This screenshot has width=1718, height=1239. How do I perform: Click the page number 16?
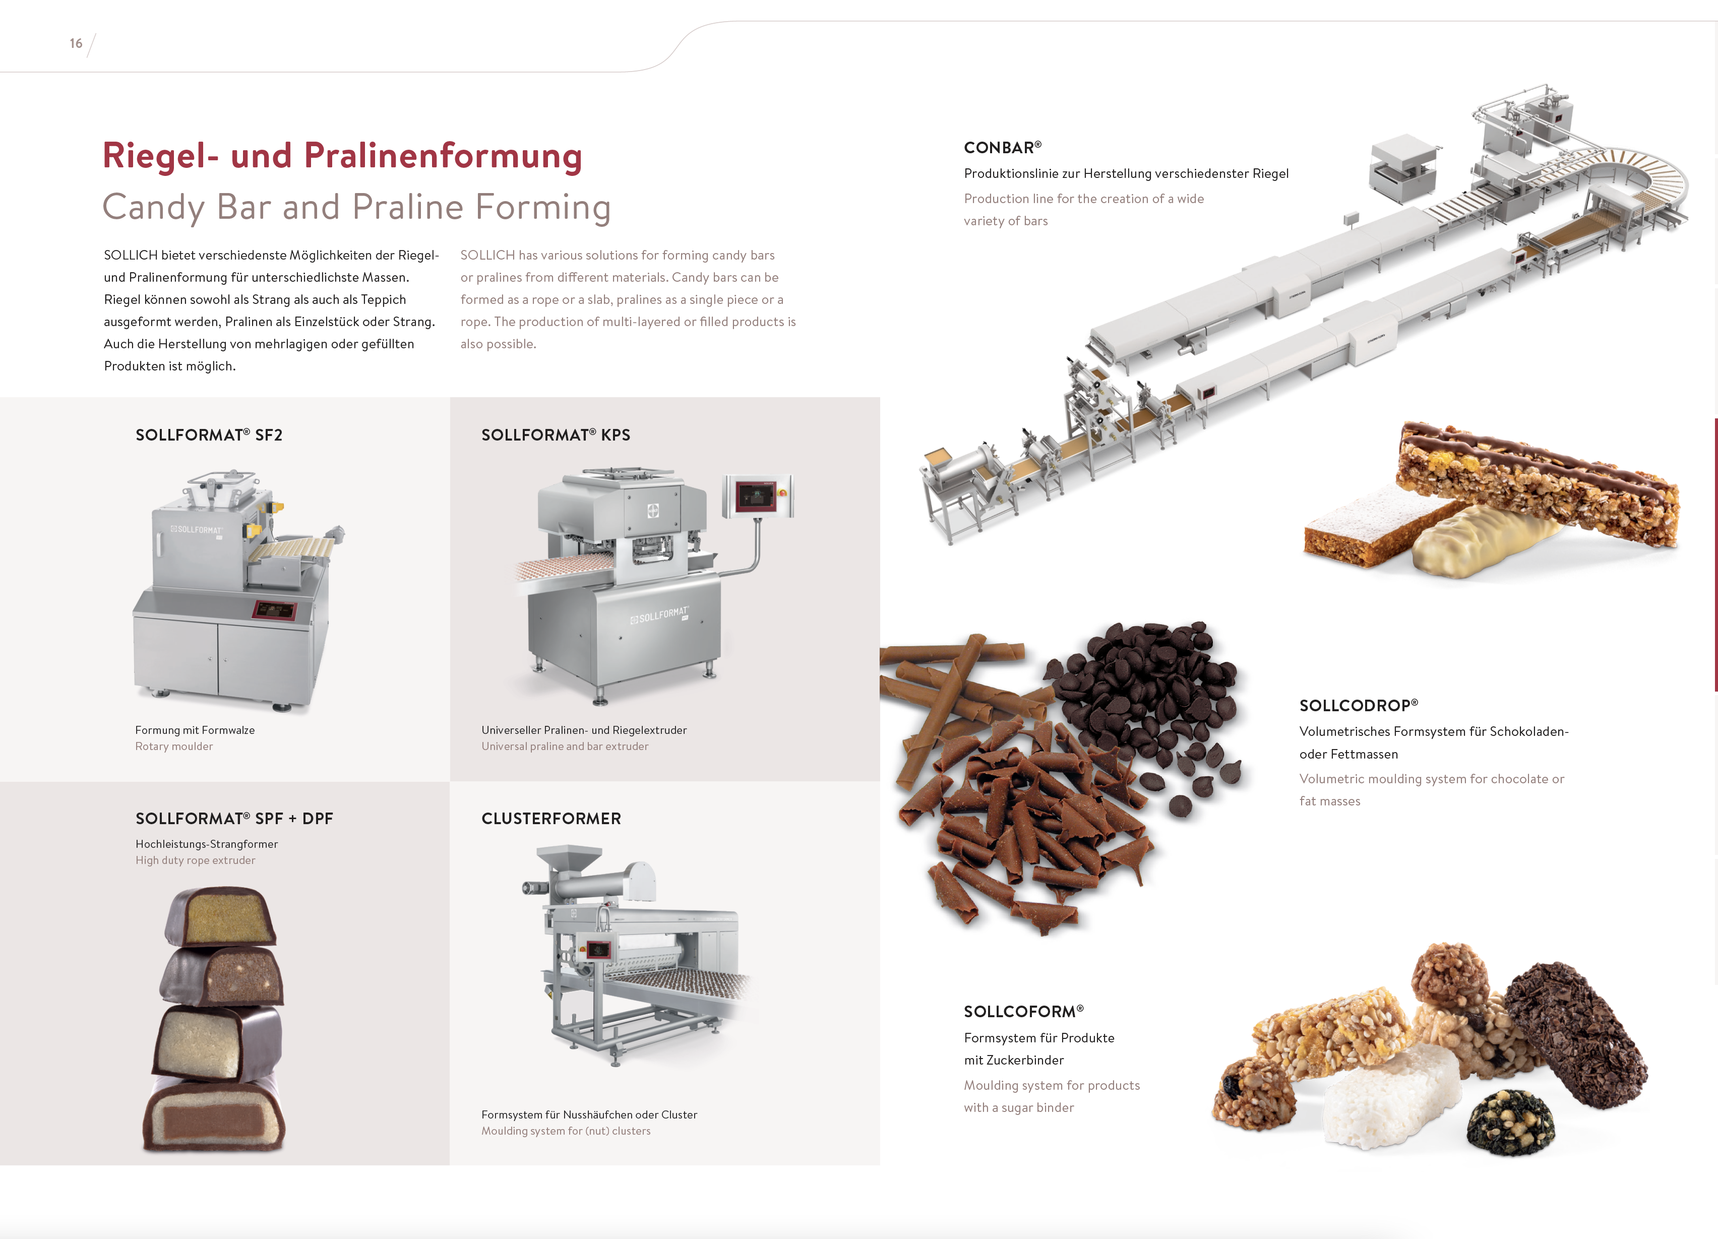[76, 43]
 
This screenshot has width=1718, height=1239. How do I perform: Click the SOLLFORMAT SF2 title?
[209, 435]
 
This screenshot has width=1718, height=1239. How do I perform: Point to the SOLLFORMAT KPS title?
[556, 435]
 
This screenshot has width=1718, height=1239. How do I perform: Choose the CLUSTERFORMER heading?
[551, 819]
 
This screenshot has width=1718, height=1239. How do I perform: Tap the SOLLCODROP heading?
[1359, 705]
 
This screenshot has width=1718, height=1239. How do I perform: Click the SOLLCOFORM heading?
[1023, 1012]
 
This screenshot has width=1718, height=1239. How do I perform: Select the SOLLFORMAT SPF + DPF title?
[234, 819]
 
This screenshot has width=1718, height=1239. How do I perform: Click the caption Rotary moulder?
[174, 747]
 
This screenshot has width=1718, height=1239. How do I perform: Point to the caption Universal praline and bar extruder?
[565, 747]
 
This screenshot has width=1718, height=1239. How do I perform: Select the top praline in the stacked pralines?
[220, 916]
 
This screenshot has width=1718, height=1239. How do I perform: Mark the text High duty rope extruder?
[196, 860]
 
